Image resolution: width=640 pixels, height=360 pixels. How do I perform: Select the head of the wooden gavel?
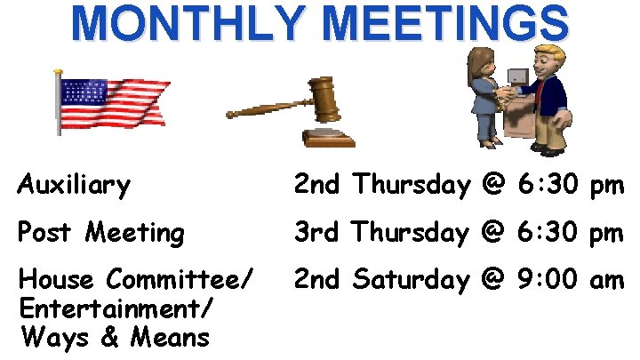324,99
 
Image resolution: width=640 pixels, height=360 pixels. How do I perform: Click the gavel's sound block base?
328,138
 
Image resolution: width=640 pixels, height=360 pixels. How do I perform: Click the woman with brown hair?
484,93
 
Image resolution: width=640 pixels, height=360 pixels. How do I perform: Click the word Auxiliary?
74,186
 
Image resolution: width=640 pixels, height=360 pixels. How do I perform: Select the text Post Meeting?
101,233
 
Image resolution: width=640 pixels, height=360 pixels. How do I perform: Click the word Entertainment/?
116,308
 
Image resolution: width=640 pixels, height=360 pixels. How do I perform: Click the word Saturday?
410,281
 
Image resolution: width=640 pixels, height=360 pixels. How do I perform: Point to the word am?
608,281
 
